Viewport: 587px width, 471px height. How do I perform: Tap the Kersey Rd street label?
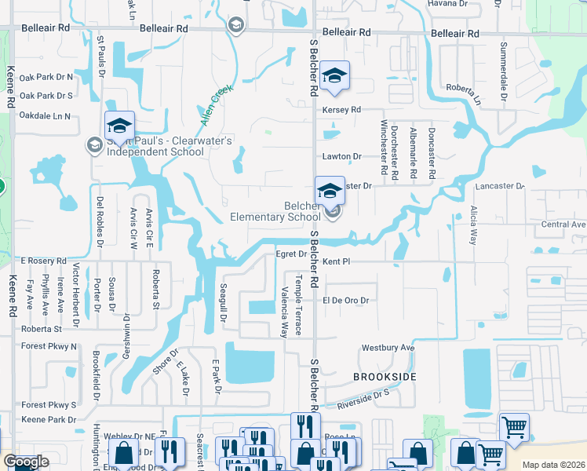(x=341, y=110)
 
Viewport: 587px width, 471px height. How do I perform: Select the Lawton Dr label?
(x=341, y=157)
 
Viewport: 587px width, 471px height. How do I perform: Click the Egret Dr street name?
(x=290, y=254)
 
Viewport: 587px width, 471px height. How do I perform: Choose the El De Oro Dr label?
(x=345, y=301)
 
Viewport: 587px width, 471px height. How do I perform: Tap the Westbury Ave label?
(x=387, y=348)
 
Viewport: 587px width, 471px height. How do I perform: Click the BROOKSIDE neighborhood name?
(x=384, y=378)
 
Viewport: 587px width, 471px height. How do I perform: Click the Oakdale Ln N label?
(x=46, y=116)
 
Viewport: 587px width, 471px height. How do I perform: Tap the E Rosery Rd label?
(x=44, y=261)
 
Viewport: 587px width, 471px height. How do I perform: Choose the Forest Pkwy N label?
(x=49, y=346)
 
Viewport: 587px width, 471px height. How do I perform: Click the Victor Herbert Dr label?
(x=76, y=295)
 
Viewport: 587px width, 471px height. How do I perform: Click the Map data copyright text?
(x=553, y=465)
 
